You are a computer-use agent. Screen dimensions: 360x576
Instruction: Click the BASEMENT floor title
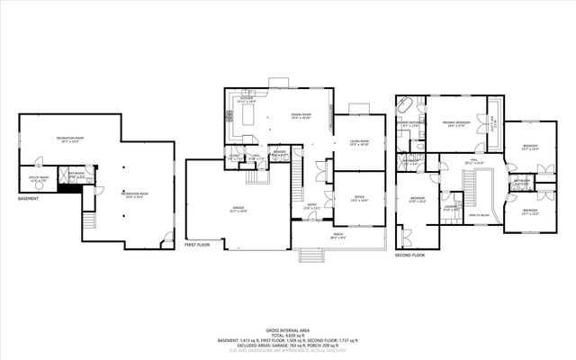[28, 200]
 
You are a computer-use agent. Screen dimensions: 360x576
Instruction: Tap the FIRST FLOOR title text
[198, 244]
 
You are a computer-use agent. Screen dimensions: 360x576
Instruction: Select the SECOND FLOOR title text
[409, 254]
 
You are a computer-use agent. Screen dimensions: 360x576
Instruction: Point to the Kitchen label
[246, 101]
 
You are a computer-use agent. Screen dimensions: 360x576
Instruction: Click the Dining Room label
[301, 115]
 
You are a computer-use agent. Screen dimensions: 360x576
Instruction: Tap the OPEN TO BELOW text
[480, 216]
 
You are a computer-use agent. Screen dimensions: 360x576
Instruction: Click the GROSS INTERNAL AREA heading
[287, 329]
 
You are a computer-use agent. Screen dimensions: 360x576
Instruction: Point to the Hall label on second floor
[472, 161]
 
